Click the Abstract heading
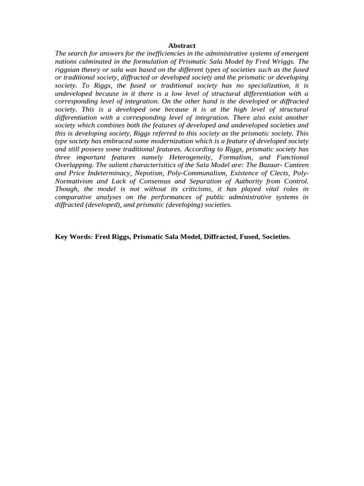tap(182, 46)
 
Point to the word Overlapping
tap(74, 165)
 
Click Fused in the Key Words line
tap(247, 236)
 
